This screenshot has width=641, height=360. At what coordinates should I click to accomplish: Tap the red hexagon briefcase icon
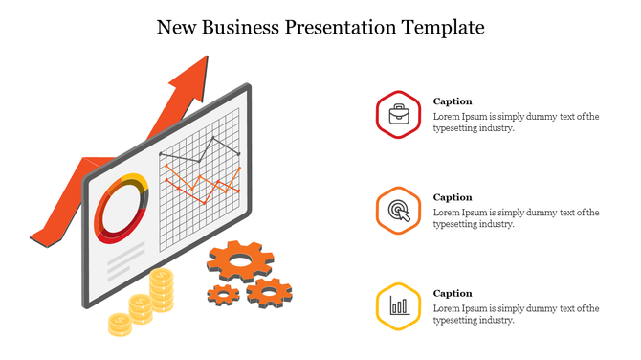point(399,115)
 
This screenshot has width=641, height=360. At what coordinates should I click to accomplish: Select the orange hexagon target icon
point(399,211)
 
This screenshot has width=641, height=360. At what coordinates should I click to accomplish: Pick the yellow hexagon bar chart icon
point(399,306)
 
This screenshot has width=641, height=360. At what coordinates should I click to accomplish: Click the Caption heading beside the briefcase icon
point(453,101)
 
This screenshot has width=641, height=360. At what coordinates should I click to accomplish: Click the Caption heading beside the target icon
point(453,197)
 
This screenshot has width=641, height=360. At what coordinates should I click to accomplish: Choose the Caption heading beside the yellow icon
point(453,293)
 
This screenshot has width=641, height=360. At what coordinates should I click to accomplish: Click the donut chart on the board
point(122,208)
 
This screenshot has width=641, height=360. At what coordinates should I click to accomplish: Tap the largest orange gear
point(239,259)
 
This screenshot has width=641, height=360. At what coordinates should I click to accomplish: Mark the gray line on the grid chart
point(201,152)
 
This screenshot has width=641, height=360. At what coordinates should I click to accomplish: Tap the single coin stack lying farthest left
point(119,324)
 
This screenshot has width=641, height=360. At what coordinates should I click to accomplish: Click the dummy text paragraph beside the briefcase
point(516,122)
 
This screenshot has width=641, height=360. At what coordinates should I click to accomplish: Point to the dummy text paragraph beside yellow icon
point(516,313)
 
